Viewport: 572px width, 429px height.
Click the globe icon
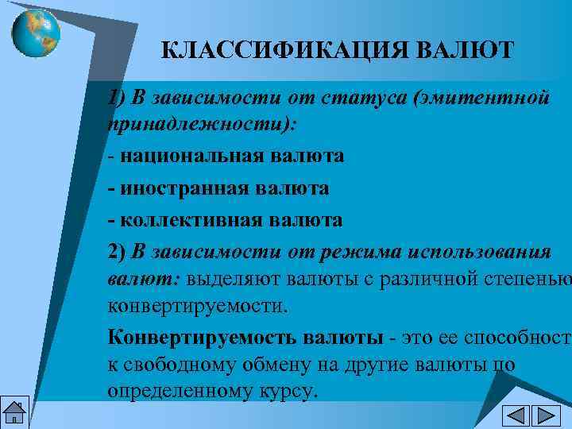point(36,31)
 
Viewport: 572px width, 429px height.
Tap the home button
point(14,414)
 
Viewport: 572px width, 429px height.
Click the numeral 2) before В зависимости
point(117,252)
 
